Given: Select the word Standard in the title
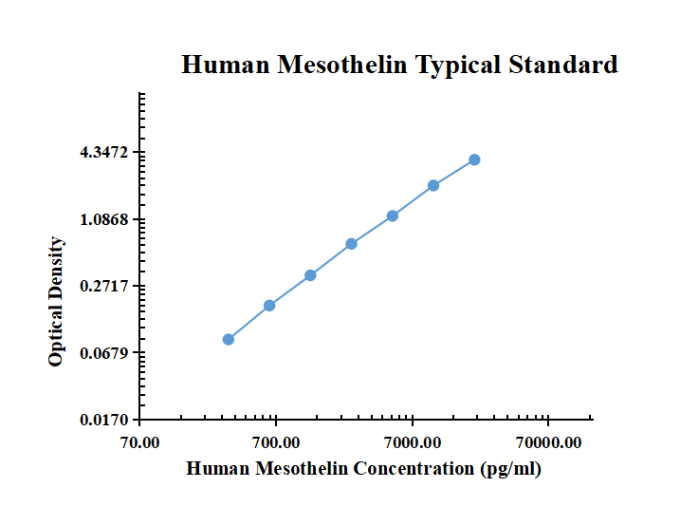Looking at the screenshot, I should click(563, 65).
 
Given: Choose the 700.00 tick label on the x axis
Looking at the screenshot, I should click(276, 442).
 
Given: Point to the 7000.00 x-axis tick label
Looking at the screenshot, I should click(412, 442).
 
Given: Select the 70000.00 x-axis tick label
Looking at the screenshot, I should click(547, 442).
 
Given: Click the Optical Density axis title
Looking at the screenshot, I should click(57, 302).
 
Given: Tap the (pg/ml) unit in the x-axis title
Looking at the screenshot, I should click(511, 468).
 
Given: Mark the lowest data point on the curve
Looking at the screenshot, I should click(229, 339).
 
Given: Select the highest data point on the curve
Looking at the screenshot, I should click(474, 159).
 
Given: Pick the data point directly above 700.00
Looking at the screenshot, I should click(269, 305).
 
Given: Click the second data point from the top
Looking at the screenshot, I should click(433, 185).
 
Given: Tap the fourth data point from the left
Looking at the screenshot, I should click(352, 243).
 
